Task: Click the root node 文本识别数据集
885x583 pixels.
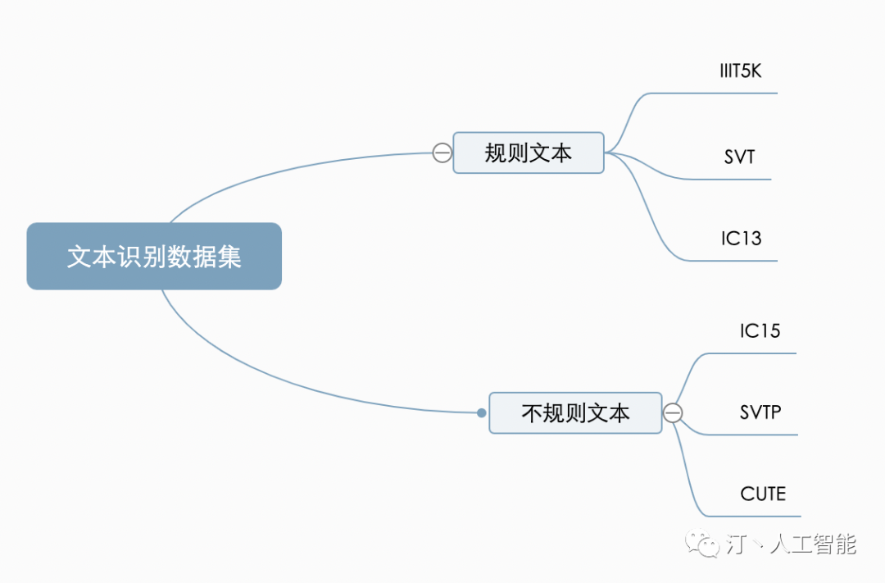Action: point(154,256)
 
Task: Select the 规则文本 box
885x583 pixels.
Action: point(529,153)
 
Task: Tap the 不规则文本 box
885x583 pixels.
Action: point(575,413)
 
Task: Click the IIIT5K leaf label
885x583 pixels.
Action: point(740,71)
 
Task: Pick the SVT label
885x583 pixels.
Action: point(739,157)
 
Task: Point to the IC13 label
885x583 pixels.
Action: point(741,239)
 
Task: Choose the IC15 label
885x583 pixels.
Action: point(760,330)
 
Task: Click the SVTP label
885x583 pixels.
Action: point(760,412)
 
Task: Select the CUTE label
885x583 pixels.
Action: point(763,494)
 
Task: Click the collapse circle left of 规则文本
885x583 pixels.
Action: point(442,153)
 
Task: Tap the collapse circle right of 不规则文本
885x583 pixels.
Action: point(672,413)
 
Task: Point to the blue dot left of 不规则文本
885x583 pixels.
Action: point(482,413)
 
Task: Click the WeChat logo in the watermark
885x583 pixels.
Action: point(702,544)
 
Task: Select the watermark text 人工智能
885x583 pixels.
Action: point(814,544)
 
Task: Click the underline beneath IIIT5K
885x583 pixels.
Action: point(713,93)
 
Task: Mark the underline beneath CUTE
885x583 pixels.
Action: point(753,517)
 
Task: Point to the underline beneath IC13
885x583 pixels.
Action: point(733,261)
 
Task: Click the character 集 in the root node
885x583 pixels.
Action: point(229,257)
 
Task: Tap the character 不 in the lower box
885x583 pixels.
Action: point(533,413)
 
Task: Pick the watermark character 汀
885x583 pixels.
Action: point(737,544)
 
